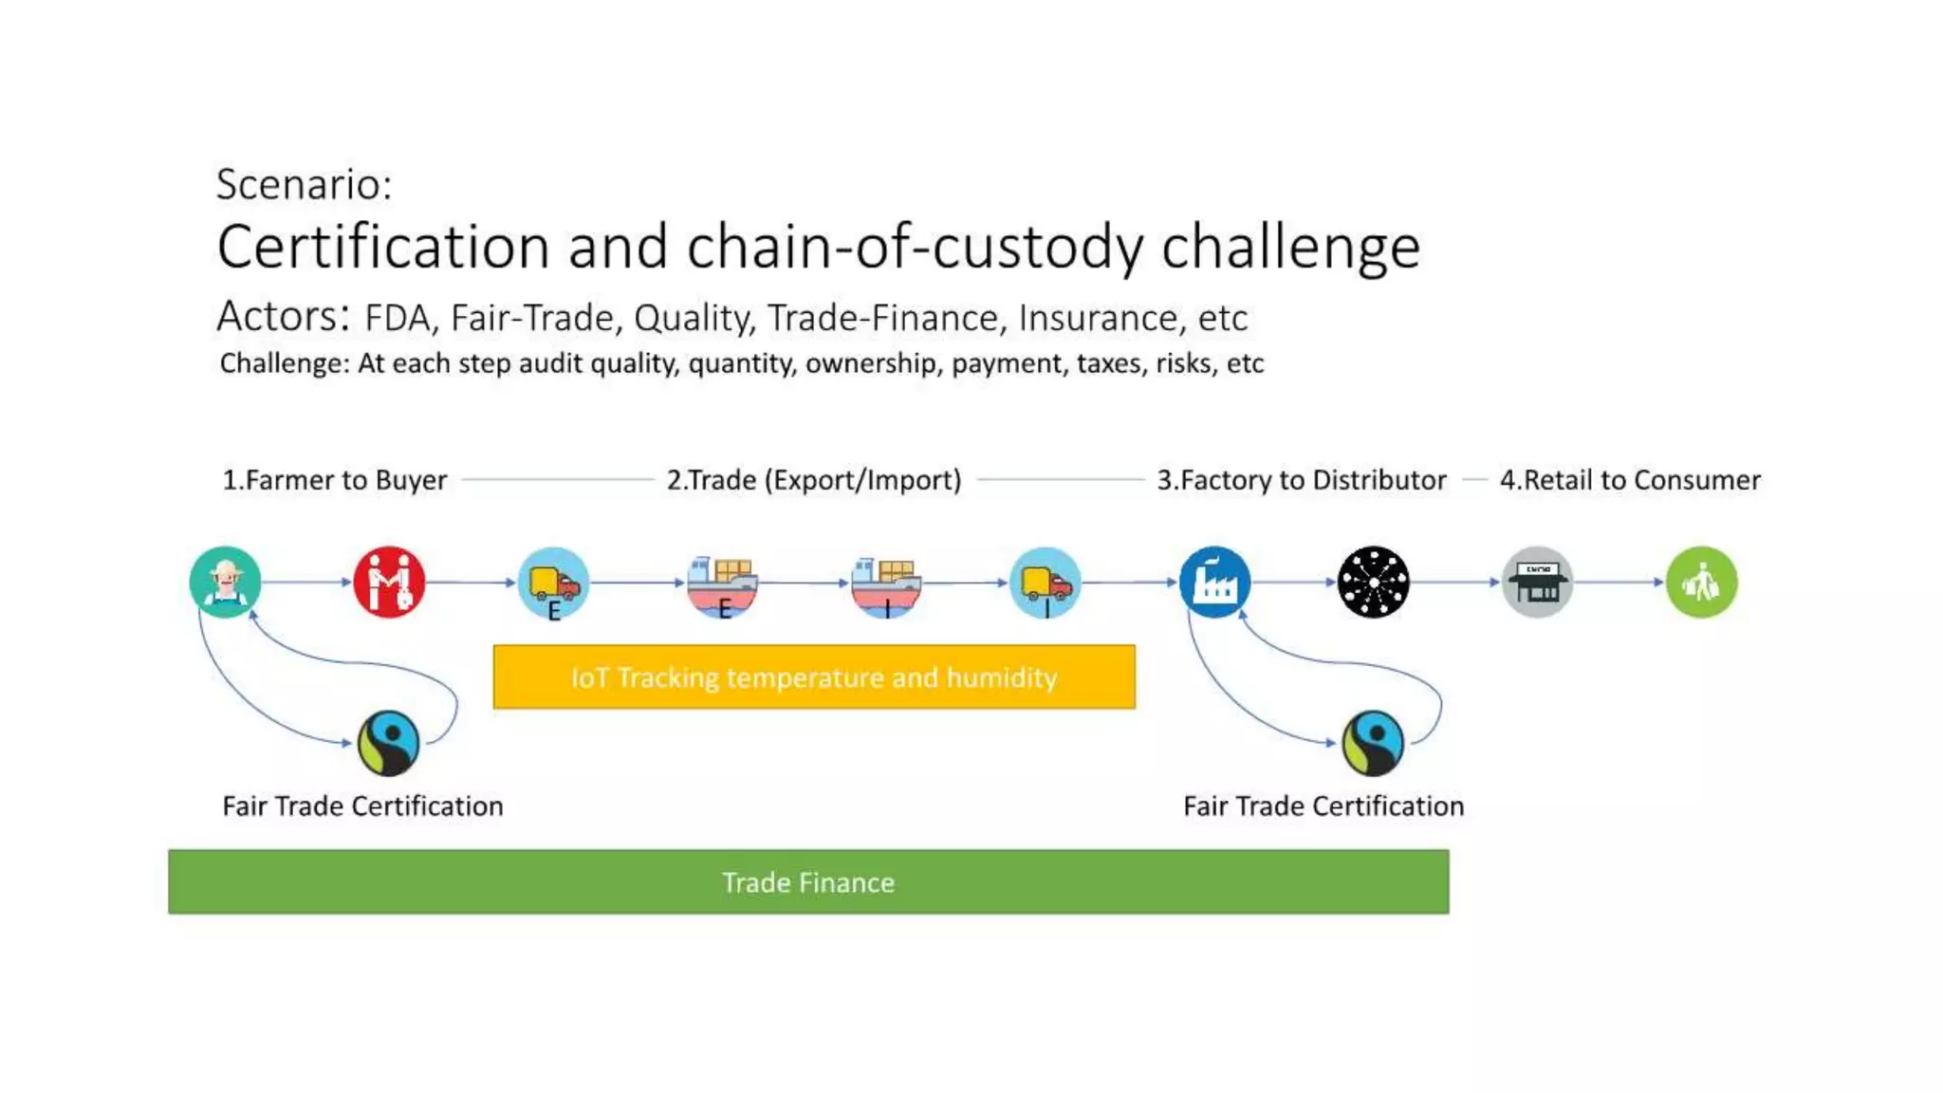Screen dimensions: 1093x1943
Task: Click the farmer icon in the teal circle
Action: coord(225,582)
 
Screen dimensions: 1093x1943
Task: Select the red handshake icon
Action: coord(389,582)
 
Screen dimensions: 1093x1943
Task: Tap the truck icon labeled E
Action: coord(553,582)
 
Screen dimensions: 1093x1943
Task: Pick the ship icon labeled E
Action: coord(722,582)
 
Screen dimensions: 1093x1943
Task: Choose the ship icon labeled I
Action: coord(885,582)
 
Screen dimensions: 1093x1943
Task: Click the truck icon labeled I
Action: coord(1045,582)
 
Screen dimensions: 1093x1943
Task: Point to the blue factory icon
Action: coord(1214,582)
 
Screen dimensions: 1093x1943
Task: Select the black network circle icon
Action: coord(1373,582)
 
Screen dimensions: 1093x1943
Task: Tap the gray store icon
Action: coord(1537,582)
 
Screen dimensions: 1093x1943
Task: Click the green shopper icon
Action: coord(1701,582)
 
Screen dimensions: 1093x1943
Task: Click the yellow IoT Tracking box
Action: coord(814,676)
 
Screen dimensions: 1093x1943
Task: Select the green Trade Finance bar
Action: coord(808,881)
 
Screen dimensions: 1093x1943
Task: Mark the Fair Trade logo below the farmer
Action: coord(389,743)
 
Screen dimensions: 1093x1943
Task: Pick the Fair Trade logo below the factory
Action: coord(1373,743)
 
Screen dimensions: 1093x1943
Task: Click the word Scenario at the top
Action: coord(304,184)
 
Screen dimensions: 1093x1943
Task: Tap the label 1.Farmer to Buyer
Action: coord(334,480)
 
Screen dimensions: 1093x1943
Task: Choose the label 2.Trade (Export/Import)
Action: coord(814,480)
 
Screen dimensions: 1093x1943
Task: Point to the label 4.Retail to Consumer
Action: coord(1629,480)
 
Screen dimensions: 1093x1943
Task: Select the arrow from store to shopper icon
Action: coord(1619,582)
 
